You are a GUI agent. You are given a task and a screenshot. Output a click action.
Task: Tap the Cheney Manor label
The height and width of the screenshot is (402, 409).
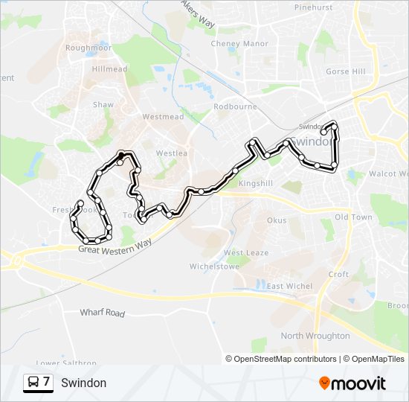coord(239,44)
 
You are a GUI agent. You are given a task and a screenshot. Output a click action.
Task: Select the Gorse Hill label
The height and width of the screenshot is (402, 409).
coord(346,71)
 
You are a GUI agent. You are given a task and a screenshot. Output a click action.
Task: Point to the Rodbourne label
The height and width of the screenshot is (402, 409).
coord(235,106)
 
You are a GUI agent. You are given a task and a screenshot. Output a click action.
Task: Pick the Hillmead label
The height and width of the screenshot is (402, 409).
coord(109,68)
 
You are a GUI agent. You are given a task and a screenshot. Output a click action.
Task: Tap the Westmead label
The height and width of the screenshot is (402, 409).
coord(163,117)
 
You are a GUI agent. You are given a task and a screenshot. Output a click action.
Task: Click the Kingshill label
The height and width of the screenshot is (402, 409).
coord(257,182)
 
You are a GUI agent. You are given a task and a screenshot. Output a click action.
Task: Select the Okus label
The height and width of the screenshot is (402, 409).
coord(277,220)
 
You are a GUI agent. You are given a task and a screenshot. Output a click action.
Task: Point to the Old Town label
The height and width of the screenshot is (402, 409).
coord(353,217)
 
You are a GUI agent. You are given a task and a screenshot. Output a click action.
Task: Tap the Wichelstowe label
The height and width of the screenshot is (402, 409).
coord(213,266)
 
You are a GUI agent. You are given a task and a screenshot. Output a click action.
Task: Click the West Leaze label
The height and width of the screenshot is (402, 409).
coord(246,253)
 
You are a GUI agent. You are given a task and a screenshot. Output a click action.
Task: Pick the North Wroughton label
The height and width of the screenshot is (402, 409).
coord(315,336)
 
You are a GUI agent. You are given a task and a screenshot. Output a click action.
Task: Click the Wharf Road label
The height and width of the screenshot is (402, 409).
coord(103,313)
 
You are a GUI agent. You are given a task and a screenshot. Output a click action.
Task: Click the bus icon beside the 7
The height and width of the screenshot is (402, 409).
coord(33,383)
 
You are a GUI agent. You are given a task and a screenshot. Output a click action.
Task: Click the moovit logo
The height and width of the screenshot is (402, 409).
coord(352,383)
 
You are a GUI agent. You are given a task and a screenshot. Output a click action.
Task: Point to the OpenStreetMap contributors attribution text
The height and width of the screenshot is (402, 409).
coord(281,359)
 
